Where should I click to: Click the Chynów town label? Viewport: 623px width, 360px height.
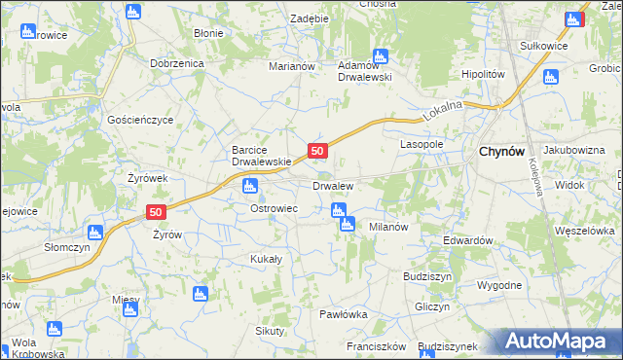[501, 151]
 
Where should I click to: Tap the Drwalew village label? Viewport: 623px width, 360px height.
[332, 185]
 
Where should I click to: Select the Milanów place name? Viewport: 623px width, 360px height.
[387, 226]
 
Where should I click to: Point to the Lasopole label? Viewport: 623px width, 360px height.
[421, 143]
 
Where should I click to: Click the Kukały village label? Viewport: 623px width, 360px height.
[266, 259]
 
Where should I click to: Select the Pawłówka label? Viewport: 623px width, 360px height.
[343, 314]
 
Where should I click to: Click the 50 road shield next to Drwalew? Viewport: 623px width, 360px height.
[317, 151]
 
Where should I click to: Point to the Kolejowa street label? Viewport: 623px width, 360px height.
[535, 177]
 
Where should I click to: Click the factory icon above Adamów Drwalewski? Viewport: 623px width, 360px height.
[380, 55]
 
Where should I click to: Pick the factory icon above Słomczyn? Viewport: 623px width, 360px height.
[94, 233]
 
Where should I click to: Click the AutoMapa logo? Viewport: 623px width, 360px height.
[561, 342]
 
